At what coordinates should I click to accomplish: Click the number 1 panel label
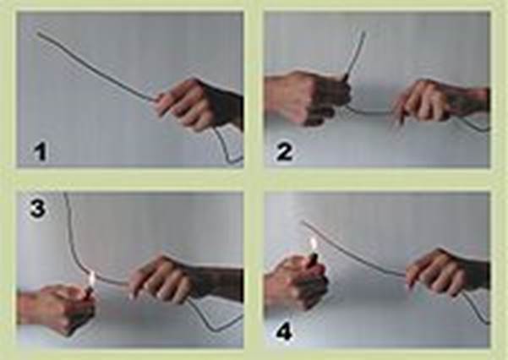click(x=41, y=152)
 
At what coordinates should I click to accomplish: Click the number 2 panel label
click(x=284, y=152)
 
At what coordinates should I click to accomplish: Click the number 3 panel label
click(x=37, y=209)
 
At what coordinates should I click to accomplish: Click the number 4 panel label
click(x=284, y=332)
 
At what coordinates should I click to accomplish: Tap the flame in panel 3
click(x=92, y=279)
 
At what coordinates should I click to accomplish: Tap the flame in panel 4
click(x=314, y=244)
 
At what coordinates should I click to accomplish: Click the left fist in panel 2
click(x=307, y=97)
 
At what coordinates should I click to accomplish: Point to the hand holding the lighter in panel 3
click(x=56, y=308)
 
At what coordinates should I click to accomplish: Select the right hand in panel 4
click(x=447, y=272)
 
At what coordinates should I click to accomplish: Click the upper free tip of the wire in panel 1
click(x=39, y=33)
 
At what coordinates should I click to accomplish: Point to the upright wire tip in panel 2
click(x=363, y=32)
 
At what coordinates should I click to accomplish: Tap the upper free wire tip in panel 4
click(x=303, y=221)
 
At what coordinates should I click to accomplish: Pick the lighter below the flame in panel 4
click(x=314, y=260)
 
